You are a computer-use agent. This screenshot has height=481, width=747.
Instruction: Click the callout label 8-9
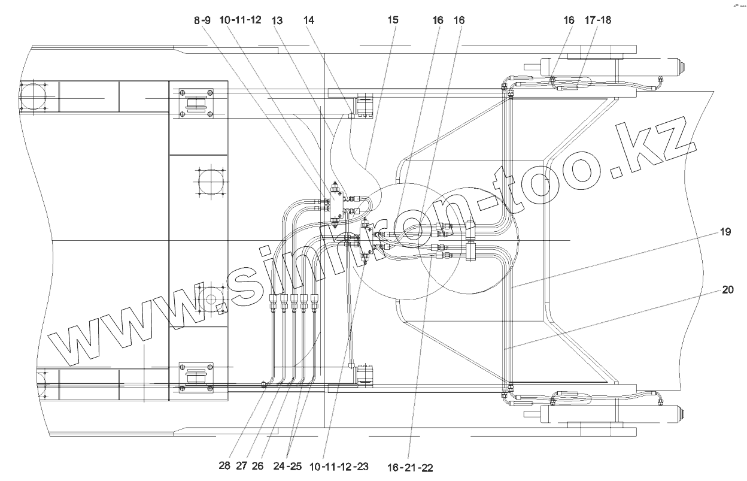202,20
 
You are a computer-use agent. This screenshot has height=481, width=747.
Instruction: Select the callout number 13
277,20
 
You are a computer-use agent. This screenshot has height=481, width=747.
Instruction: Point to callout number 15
393,20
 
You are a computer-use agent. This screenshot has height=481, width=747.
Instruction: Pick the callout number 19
725,232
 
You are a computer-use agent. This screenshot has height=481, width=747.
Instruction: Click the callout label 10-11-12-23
339,465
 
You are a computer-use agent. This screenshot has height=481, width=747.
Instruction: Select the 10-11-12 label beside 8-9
240,20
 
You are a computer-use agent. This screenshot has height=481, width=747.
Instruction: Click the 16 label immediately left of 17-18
568,20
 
